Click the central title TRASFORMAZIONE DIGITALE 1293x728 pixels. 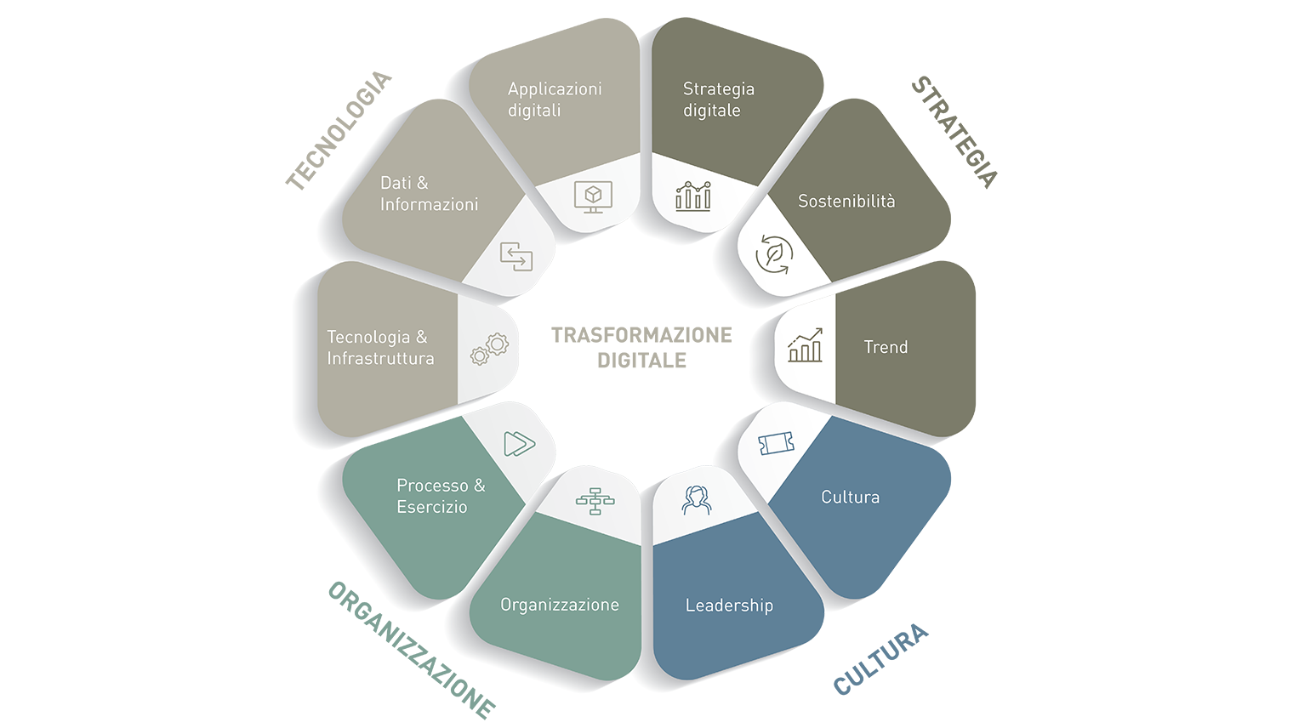[641, 348]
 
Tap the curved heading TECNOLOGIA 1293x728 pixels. [339, 130]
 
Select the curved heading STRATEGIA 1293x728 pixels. [954, 132]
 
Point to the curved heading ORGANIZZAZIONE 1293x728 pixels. [412, 650]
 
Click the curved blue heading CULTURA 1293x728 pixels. [881, 659]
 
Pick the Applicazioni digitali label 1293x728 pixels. [555, 100]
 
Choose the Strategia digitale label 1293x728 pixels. [719, 100]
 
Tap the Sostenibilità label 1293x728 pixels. [846, 201]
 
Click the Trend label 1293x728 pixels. [886, 347]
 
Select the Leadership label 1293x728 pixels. [729, 605]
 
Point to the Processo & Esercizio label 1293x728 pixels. [441, 496]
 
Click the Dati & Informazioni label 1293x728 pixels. [429, 193]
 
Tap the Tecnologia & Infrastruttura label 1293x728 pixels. [380, 348]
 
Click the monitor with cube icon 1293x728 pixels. [594, 196]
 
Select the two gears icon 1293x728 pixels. [489, 350]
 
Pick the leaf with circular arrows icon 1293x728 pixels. [774, 254]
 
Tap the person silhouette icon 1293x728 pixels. [696, 500]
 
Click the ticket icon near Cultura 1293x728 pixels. [776, 443]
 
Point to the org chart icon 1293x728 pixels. [595, 501]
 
